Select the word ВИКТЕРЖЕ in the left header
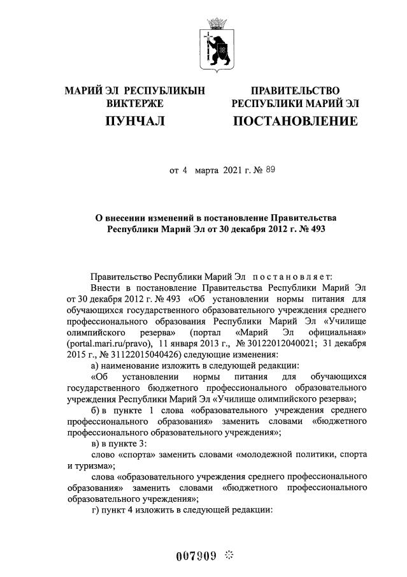[x=135, y=103]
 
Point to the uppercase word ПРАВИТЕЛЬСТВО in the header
[x=295, y=91]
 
